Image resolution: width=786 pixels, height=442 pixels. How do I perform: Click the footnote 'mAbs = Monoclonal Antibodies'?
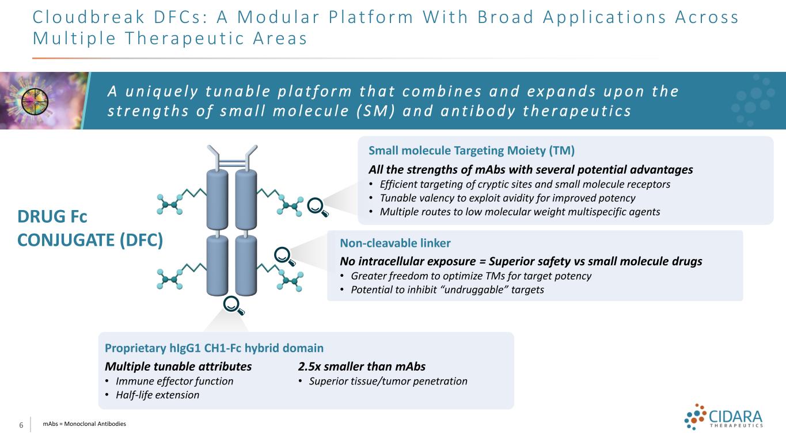click(85, 424)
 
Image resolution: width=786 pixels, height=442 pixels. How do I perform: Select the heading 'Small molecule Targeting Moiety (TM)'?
click(471, 150)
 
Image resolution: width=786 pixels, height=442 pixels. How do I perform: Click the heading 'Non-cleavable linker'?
click(395, 243)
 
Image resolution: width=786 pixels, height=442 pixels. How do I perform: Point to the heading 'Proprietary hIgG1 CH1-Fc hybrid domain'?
click(214, 348)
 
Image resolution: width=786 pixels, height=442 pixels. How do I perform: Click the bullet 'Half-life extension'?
click(157, 395)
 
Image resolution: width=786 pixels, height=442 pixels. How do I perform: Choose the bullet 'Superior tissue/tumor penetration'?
click(388, 381)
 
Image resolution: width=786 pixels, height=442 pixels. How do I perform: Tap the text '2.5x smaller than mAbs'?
click(362, 367)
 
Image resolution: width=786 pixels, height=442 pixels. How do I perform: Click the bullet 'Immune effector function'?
click(174, 381)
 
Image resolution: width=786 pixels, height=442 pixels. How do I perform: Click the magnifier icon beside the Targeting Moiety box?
click(317, 207)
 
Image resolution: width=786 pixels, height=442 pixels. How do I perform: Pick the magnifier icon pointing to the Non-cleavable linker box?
click(284, 257)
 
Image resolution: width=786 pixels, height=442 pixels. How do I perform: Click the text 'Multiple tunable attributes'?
click(178, 367)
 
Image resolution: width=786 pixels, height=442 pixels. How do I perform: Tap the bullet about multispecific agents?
click(519, 212)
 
